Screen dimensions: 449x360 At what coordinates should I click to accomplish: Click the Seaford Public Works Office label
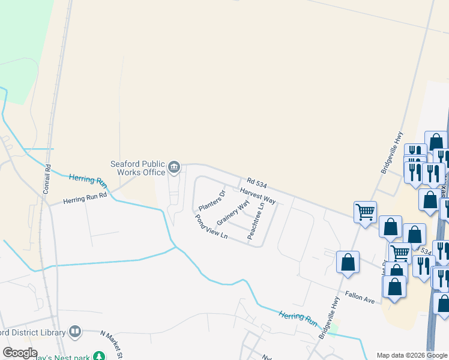click(137, 167)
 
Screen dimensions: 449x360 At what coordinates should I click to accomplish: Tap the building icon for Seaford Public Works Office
click(175, 167)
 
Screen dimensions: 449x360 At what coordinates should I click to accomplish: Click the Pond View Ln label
click(211, 227)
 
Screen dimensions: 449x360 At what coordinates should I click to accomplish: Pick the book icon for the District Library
click(75, 331)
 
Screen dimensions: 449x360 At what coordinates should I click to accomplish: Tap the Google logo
click(20, 353)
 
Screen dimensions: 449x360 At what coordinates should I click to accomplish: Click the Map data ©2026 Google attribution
click(412, 355)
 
